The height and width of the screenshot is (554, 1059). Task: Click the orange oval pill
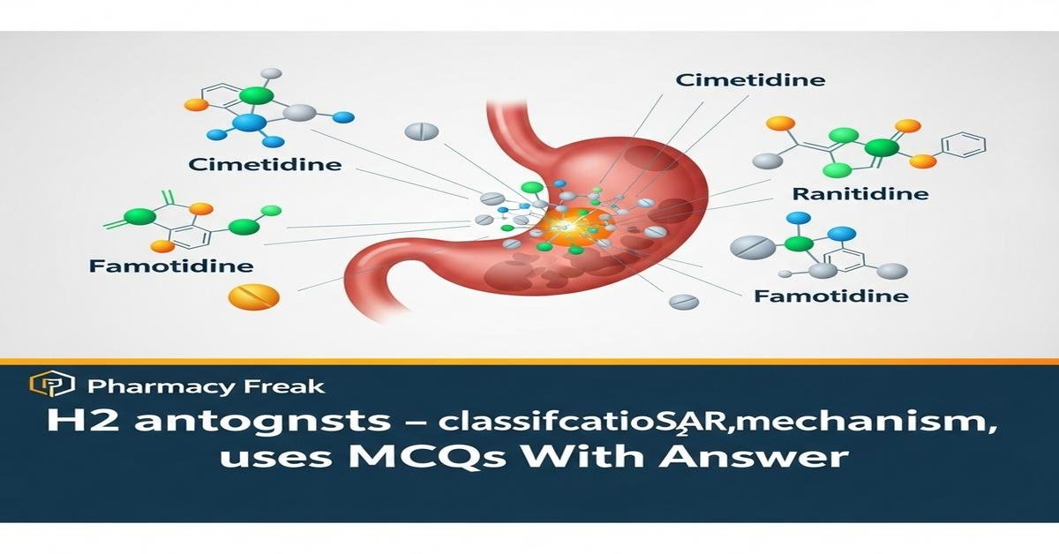(253, 296)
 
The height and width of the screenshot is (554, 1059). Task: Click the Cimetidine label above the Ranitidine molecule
(750, 80)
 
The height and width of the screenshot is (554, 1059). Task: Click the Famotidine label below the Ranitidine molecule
(830, 296)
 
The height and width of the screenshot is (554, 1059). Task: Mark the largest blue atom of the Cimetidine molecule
(249, 124)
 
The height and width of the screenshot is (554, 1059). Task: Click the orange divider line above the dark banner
(529, 361)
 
